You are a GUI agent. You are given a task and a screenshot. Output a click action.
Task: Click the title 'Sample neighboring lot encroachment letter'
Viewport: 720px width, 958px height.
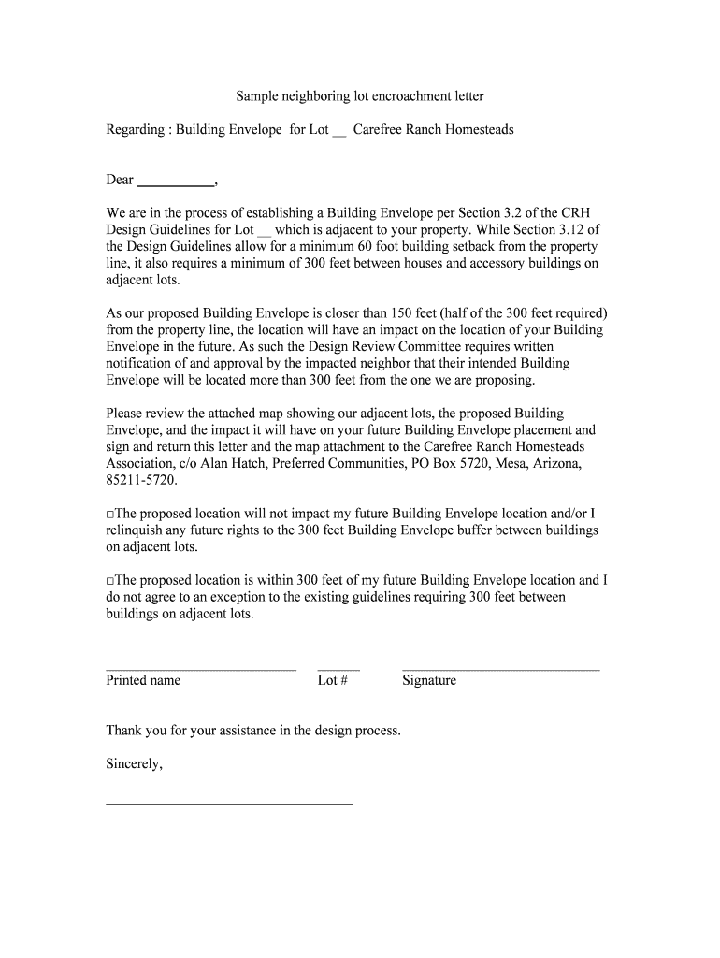click(360, 96)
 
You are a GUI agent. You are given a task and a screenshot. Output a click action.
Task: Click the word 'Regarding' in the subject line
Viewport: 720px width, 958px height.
click(135, 130)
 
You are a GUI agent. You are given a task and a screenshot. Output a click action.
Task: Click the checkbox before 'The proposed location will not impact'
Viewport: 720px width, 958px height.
click(110, 515)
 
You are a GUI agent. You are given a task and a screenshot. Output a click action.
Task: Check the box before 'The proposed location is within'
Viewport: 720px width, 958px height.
click(110, 581)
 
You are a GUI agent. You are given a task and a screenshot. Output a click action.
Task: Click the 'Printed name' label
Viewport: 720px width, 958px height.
click(143, 681)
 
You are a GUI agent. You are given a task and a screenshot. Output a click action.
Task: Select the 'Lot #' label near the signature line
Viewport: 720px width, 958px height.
click(333, 681)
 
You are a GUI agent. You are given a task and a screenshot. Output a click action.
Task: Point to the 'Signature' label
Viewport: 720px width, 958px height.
click(429, 681)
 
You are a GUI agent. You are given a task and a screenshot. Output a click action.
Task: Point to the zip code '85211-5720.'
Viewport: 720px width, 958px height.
click(141, 481)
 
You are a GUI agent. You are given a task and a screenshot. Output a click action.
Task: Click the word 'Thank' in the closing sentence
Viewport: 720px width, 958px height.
click(124, 731)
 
